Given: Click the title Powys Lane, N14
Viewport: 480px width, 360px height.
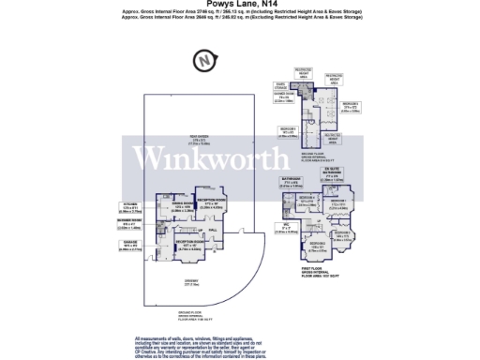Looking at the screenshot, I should pos(240,6).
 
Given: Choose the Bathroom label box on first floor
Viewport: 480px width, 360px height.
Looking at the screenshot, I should pos(290,183).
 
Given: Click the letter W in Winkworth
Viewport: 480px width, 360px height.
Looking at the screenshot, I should pos(149,157).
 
